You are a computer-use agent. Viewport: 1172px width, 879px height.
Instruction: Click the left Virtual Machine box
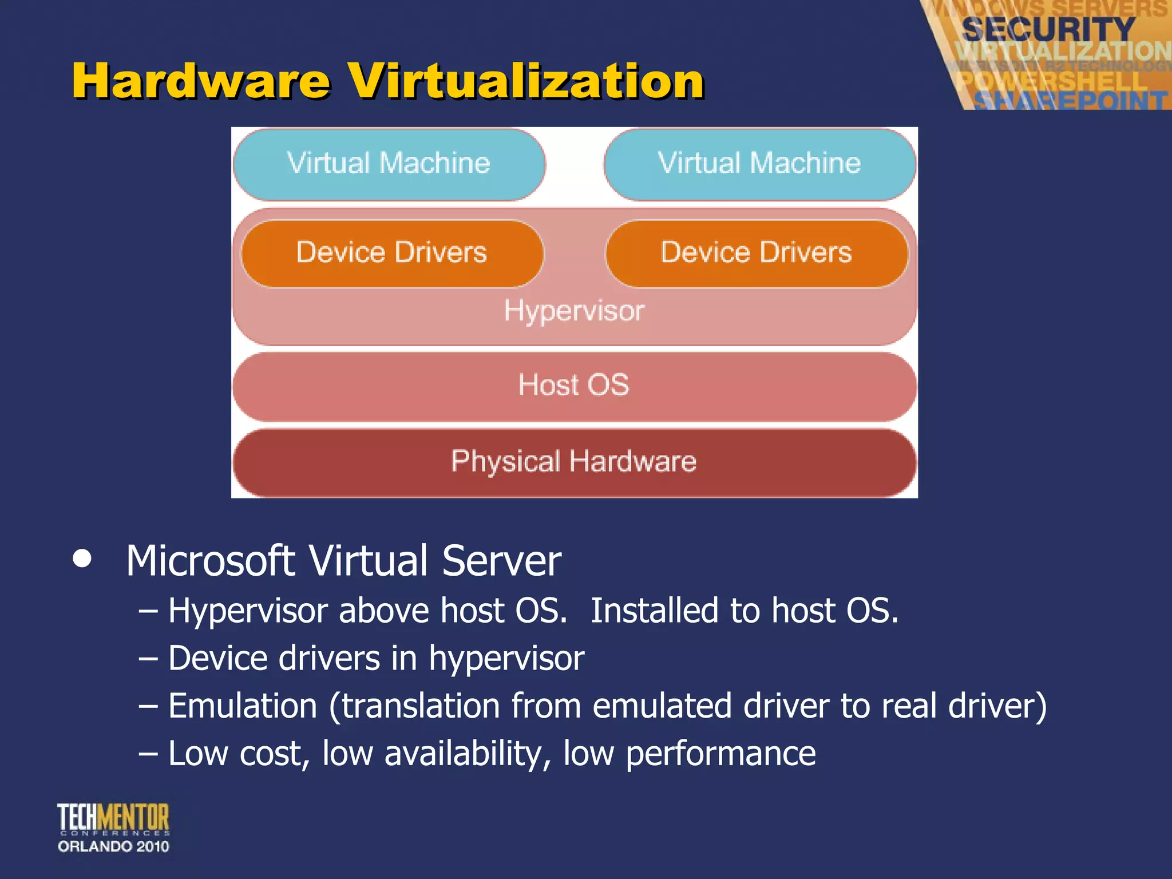pyautogui.click(x=389, y=164)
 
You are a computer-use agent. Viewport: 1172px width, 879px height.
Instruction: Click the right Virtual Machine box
pyautogui.click(x=759, y=164)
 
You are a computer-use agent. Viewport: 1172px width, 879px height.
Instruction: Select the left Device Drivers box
pyautogui.click(x=392, y=253)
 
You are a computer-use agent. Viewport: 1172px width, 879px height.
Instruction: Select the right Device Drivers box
pyautogui.click(x=757, y=253)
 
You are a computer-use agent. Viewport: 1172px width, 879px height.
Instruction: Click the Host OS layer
pyautogui.click(x=574, y=385)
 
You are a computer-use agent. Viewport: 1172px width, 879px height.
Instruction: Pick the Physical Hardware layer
pyautogui.click(x=574, y=462)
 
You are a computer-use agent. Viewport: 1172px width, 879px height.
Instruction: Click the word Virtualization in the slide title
pyautogui.click(x=526, y=82)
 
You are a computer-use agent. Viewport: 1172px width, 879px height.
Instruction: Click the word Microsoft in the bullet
pyautogui.click(x=210, y=561)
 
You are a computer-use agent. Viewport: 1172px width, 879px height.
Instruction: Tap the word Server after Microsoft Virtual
pyautogui.click(x=501, y=561)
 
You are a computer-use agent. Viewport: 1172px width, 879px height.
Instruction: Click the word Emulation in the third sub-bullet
pyautogui.click(x=243, y=706)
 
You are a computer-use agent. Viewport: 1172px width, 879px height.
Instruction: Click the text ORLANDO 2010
pyautogui.click(x=113, y=847)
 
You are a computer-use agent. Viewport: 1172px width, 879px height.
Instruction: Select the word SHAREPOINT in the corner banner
pyautogui.click(x=1070, y=101)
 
